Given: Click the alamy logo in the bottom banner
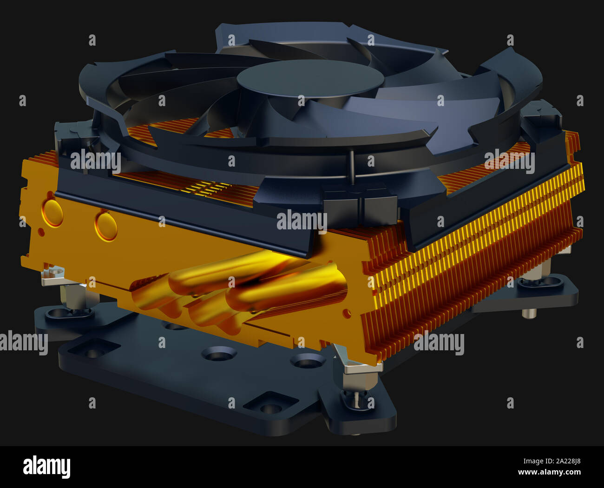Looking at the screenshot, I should [46, 467].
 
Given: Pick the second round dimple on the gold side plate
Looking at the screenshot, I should [106, 226].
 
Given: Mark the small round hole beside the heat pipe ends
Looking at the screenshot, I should [346, 311].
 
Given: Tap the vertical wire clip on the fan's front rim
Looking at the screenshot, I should [352, 167].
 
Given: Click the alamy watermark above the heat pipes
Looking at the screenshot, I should [302, 221].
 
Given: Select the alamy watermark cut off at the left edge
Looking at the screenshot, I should [23, 343].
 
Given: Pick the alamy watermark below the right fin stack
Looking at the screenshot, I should [439, 343].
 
